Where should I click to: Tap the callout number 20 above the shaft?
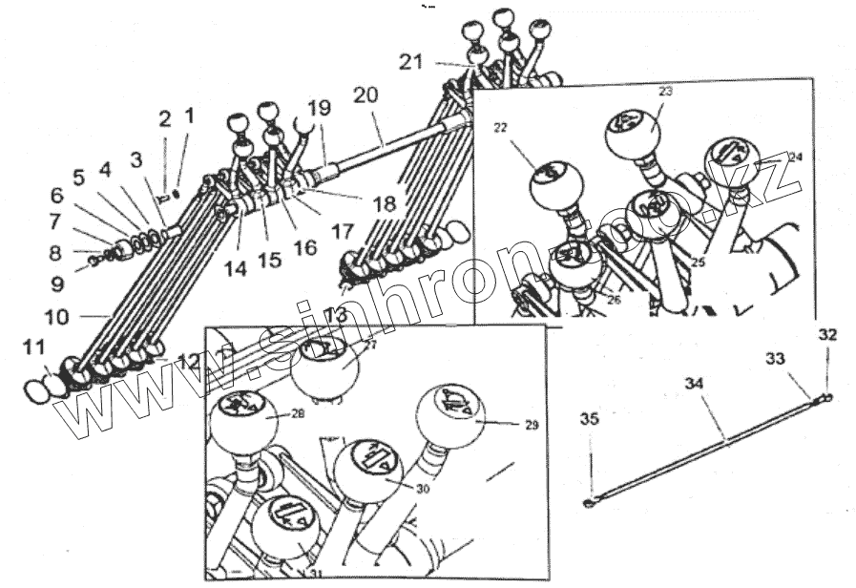click(x=365, y=95)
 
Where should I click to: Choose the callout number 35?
click(x=591, y=418)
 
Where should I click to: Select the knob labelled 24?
click(x=731, y=159)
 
